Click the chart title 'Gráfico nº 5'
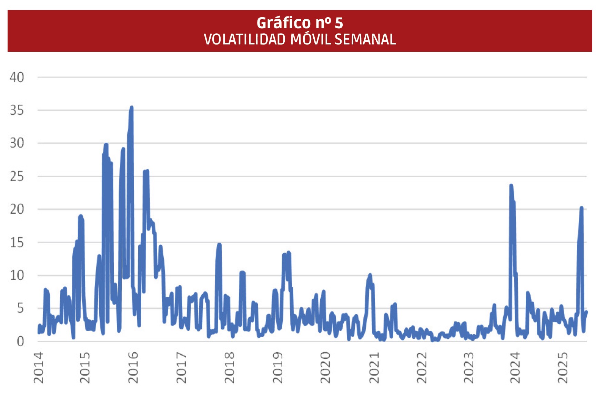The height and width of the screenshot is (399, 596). [300, 23]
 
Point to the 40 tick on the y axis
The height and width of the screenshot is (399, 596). [17, 78]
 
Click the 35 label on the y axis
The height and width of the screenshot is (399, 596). [17, 111]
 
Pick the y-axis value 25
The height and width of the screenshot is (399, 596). [17, 176]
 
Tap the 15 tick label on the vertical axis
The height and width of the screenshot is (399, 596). [17, 243]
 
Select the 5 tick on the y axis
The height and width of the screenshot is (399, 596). [20, 308]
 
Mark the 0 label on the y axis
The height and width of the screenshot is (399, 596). [20, 341]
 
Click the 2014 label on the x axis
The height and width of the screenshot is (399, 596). [39, 367]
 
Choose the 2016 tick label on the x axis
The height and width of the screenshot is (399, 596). [133, 367]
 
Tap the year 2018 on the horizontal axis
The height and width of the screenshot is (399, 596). [229, 367]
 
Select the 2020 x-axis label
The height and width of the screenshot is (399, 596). [325, 367]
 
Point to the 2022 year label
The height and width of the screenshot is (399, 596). [422, 367]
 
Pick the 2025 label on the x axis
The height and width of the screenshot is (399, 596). [563, 367]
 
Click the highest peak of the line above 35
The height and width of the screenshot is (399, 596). [131, 108]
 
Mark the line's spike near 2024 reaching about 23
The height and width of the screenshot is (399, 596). [511, 186]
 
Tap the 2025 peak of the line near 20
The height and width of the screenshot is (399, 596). [582, 208]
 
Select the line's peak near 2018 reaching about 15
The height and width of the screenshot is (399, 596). [219, 245]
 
